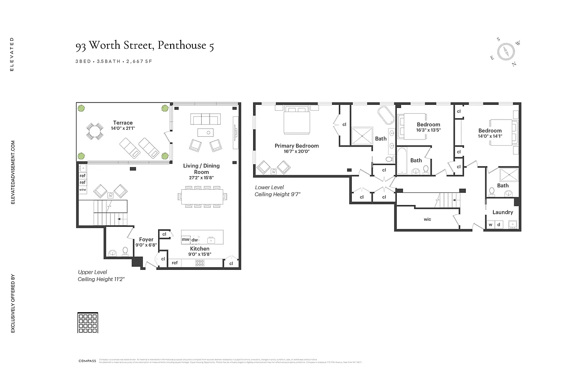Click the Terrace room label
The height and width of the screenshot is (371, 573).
[122, 123]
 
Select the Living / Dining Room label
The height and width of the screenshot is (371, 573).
[201, 169]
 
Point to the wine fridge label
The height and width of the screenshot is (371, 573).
[83, 190]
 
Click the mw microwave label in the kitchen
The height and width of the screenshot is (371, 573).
[185, 239]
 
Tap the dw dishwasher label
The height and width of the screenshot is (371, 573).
[195, 240]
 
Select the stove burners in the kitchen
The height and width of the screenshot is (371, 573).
[200, 262]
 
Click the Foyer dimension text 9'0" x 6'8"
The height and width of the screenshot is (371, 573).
[146, 245]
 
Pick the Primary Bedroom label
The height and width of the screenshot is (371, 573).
[297, 146]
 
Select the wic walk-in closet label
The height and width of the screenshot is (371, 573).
[427, 219]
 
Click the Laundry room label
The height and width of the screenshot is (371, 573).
[503, 212]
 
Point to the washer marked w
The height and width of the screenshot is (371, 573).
[490, 225]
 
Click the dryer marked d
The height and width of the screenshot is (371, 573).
[498, 225]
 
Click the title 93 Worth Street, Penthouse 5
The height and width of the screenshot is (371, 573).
[145, 45]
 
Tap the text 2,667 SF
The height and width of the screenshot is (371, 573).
[139, 61]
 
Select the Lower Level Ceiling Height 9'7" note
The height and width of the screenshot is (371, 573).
[278, 191]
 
